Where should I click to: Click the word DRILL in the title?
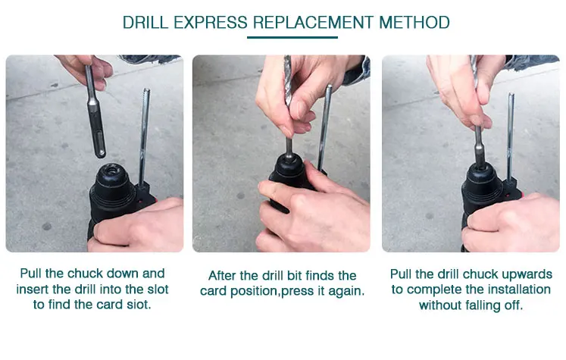(145, 23)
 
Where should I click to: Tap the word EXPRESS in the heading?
(211, 23)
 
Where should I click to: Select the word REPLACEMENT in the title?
(313, 23)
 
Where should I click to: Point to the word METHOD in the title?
(414, 23)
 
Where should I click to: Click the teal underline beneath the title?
(292, 37)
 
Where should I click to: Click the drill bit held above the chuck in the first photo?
(95, 111)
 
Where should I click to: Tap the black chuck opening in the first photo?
(111, 170)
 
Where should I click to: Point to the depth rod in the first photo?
(145, 136)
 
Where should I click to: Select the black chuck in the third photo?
(482, 184)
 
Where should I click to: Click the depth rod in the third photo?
(510, 138)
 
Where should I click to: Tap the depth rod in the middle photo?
(324, 127)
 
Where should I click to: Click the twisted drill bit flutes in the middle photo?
(288, 80)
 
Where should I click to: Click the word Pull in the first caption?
(30, 274)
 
